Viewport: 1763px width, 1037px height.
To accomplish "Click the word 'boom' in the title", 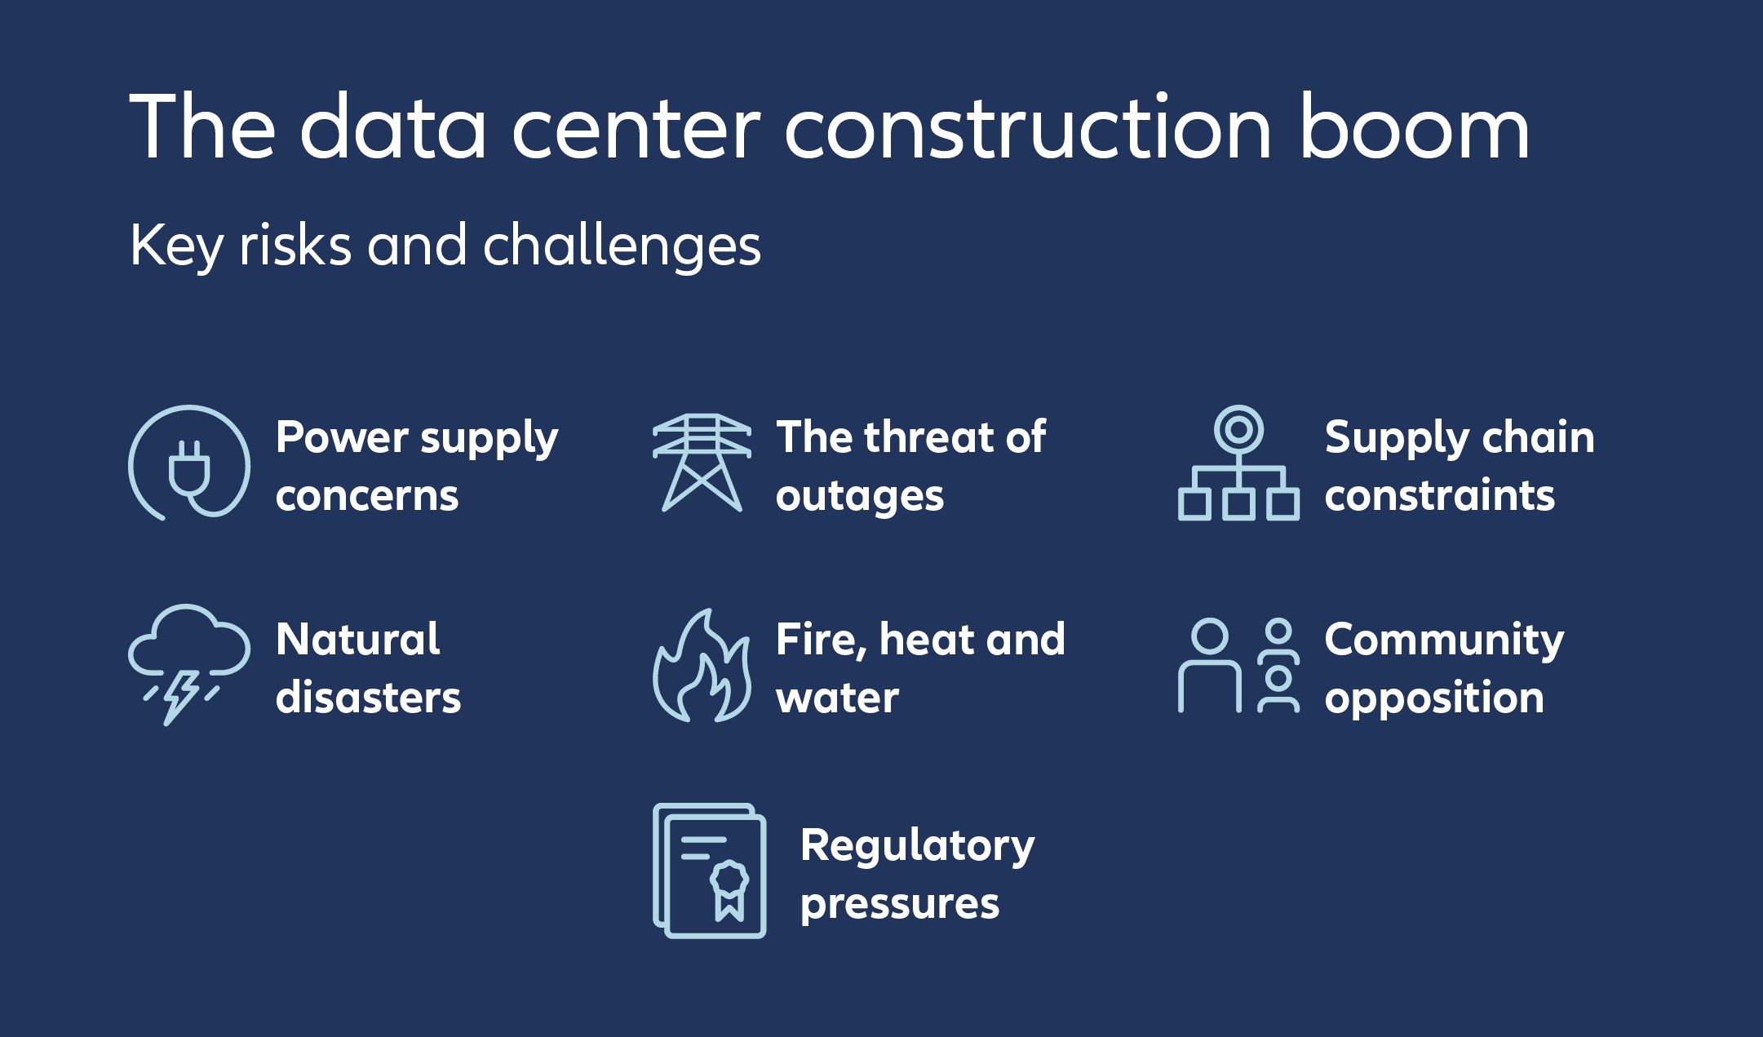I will coord(1414,128).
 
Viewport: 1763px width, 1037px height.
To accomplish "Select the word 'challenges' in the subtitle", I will coord(622,246).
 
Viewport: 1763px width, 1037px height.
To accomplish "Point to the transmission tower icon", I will coord(702,463).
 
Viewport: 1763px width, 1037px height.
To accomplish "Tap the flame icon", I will coord(702,667).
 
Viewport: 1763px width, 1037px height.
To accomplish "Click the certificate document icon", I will coord(710,871).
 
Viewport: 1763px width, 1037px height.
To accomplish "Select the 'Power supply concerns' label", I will coord(416,466).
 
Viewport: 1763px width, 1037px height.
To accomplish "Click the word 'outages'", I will coord(860,497).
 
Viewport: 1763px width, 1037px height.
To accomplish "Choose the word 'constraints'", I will coord(1439,495).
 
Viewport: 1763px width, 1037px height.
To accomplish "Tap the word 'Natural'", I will coord(358,639).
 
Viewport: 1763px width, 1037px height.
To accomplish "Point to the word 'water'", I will coord(837,698).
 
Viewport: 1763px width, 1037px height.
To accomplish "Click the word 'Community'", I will coord(1444,640).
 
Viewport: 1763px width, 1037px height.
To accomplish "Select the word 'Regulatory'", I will coord(917,846).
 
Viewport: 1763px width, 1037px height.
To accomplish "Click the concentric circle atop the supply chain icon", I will coord(1238,429).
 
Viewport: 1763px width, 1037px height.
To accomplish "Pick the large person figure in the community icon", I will coord(1210,665).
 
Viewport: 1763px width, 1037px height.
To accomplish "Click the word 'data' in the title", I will coord(393,128).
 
